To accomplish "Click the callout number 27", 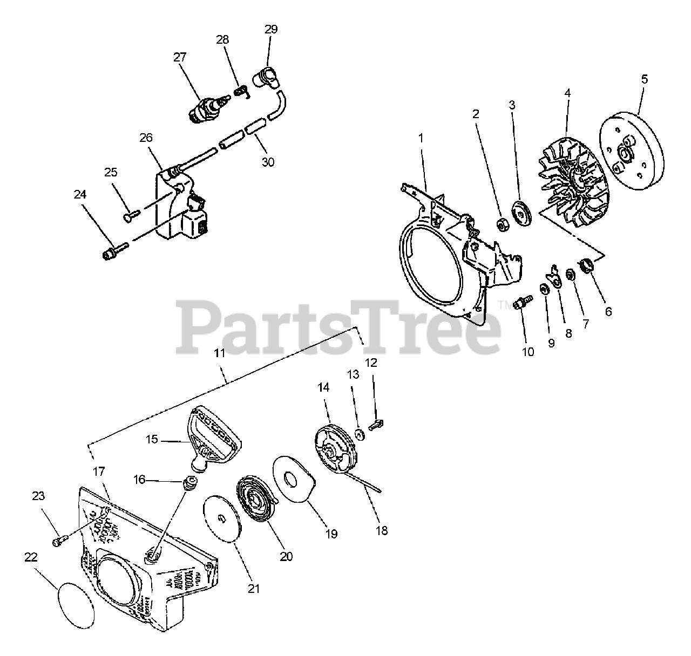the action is [180, 57].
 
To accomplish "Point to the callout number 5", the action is [644, 79].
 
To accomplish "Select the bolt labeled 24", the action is [114, 251].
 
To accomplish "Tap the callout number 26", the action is [146, 138].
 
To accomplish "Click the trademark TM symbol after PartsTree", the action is [507, 305].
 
